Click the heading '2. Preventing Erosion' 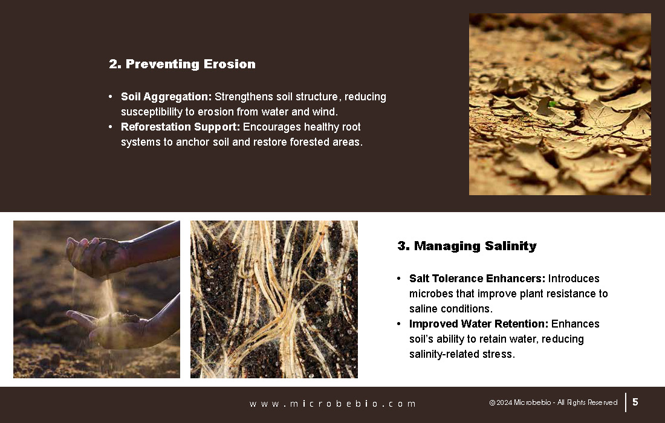[x=183, y=64]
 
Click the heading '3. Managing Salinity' [x=467, y=246]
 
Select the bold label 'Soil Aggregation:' [x=166, y=97]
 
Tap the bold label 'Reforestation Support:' [x=180, y=127]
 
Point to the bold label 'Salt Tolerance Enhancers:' [x=477, y=279]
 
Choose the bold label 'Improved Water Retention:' [x=479, y=324]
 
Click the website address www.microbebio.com [x=333, y=404]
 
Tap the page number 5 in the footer [x=635, y=402]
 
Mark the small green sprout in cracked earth [x=552, y=104]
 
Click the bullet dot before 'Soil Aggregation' [x=111, y=97]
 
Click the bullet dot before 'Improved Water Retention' [x=398, y=324]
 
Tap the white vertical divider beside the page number [x=626, y=402]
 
